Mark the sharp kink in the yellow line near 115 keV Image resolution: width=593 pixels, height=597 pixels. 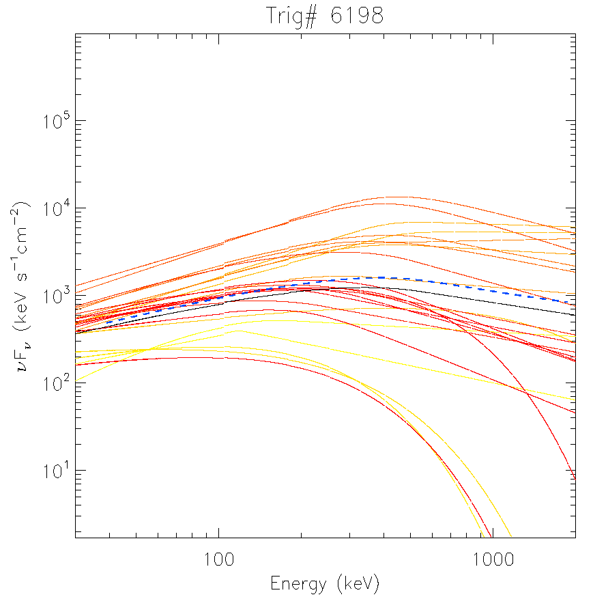click(x=237, y=331)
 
